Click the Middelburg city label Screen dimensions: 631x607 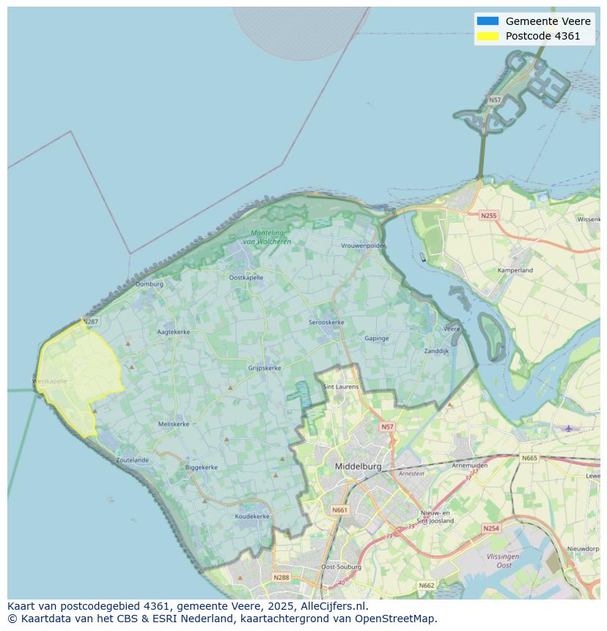click(x=358, y=466)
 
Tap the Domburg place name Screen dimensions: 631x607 click(x=149, y=284)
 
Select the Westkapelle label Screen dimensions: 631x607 click(x=50, y=381)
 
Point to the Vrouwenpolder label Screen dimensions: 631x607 click(x=363, y=246)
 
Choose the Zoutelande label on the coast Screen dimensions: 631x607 click(x=132, y=460)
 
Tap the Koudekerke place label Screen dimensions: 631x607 click(x=252, y=516)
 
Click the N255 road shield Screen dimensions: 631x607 click(x=488, y=215)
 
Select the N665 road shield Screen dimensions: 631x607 click(x=529, y=458)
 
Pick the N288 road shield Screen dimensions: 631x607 click(x=281, y=578)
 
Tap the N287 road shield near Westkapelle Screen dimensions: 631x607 click(x=90, y=322)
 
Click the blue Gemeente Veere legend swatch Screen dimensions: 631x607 click(x=487, y=21)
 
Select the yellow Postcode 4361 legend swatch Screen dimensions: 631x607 click(x=487, y=36)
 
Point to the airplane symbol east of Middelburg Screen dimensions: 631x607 click(x=568, y=428)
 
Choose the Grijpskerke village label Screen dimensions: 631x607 click(x=265, y=368)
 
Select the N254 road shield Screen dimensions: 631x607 click(x=490, y=528)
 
